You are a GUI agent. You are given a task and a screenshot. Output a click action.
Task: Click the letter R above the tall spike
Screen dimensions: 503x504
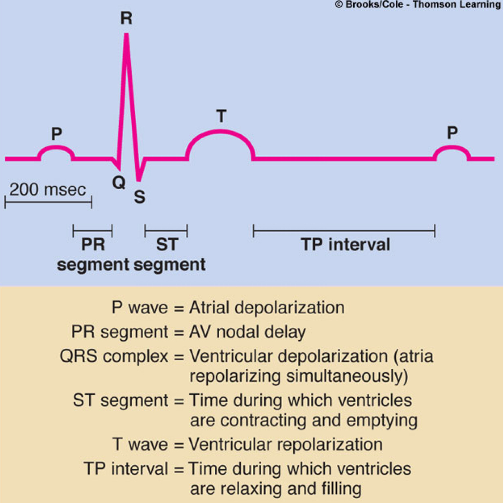(x=126, y=18)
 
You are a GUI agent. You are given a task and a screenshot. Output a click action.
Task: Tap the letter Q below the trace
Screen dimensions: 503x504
(x=119, y=183)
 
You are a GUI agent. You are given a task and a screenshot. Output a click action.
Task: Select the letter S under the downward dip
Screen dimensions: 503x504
(x=140, y=197)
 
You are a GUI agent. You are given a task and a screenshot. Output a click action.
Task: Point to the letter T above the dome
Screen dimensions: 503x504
(x=221, y=116)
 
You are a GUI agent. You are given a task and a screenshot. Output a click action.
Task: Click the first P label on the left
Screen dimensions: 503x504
(x=57, y=133)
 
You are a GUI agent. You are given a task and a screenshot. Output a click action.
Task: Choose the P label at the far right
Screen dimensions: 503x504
(x=452, y=133)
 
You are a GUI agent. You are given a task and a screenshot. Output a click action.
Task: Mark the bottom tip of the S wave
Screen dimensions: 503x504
(x=138, y=180)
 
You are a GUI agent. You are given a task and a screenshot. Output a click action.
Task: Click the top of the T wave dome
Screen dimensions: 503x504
(x=220, y=131)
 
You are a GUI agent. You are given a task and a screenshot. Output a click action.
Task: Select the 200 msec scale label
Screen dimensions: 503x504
(x=48, y=190)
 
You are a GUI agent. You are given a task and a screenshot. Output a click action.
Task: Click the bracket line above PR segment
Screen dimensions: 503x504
(x=93, y=231)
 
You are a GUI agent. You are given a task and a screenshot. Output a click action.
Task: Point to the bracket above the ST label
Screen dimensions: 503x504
(x=166, y=231)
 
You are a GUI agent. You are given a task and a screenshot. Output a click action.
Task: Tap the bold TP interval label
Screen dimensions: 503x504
(x=345, y=245)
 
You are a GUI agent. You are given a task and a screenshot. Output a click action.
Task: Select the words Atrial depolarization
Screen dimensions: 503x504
(x=267, y=308)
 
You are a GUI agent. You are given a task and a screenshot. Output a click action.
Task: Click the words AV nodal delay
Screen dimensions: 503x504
(x=248, y=332)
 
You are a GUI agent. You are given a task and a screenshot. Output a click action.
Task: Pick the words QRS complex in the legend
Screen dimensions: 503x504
(x=114, y=356)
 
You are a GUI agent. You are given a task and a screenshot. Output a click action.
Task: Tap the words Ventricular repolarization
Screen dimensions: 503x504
(x=286, y=444)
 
